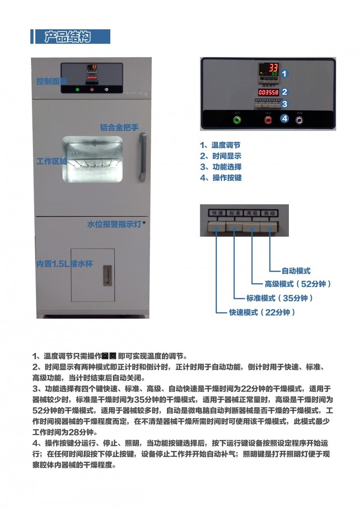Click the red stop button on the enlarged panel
tap(269, 120)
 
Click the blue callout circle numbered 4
tap(284, 119)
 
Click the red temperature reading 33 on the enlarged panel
tap(273, 68)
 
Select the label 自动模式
tap(296, 271)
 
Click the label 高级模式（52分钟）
tap(298, 284)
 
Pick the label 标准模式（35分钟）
tap(279, 298)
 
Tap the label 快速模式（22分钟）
tap(262, 312)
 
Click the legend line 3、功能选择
tap(220, 167)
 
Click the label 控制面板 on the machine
tap(52, 81)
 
